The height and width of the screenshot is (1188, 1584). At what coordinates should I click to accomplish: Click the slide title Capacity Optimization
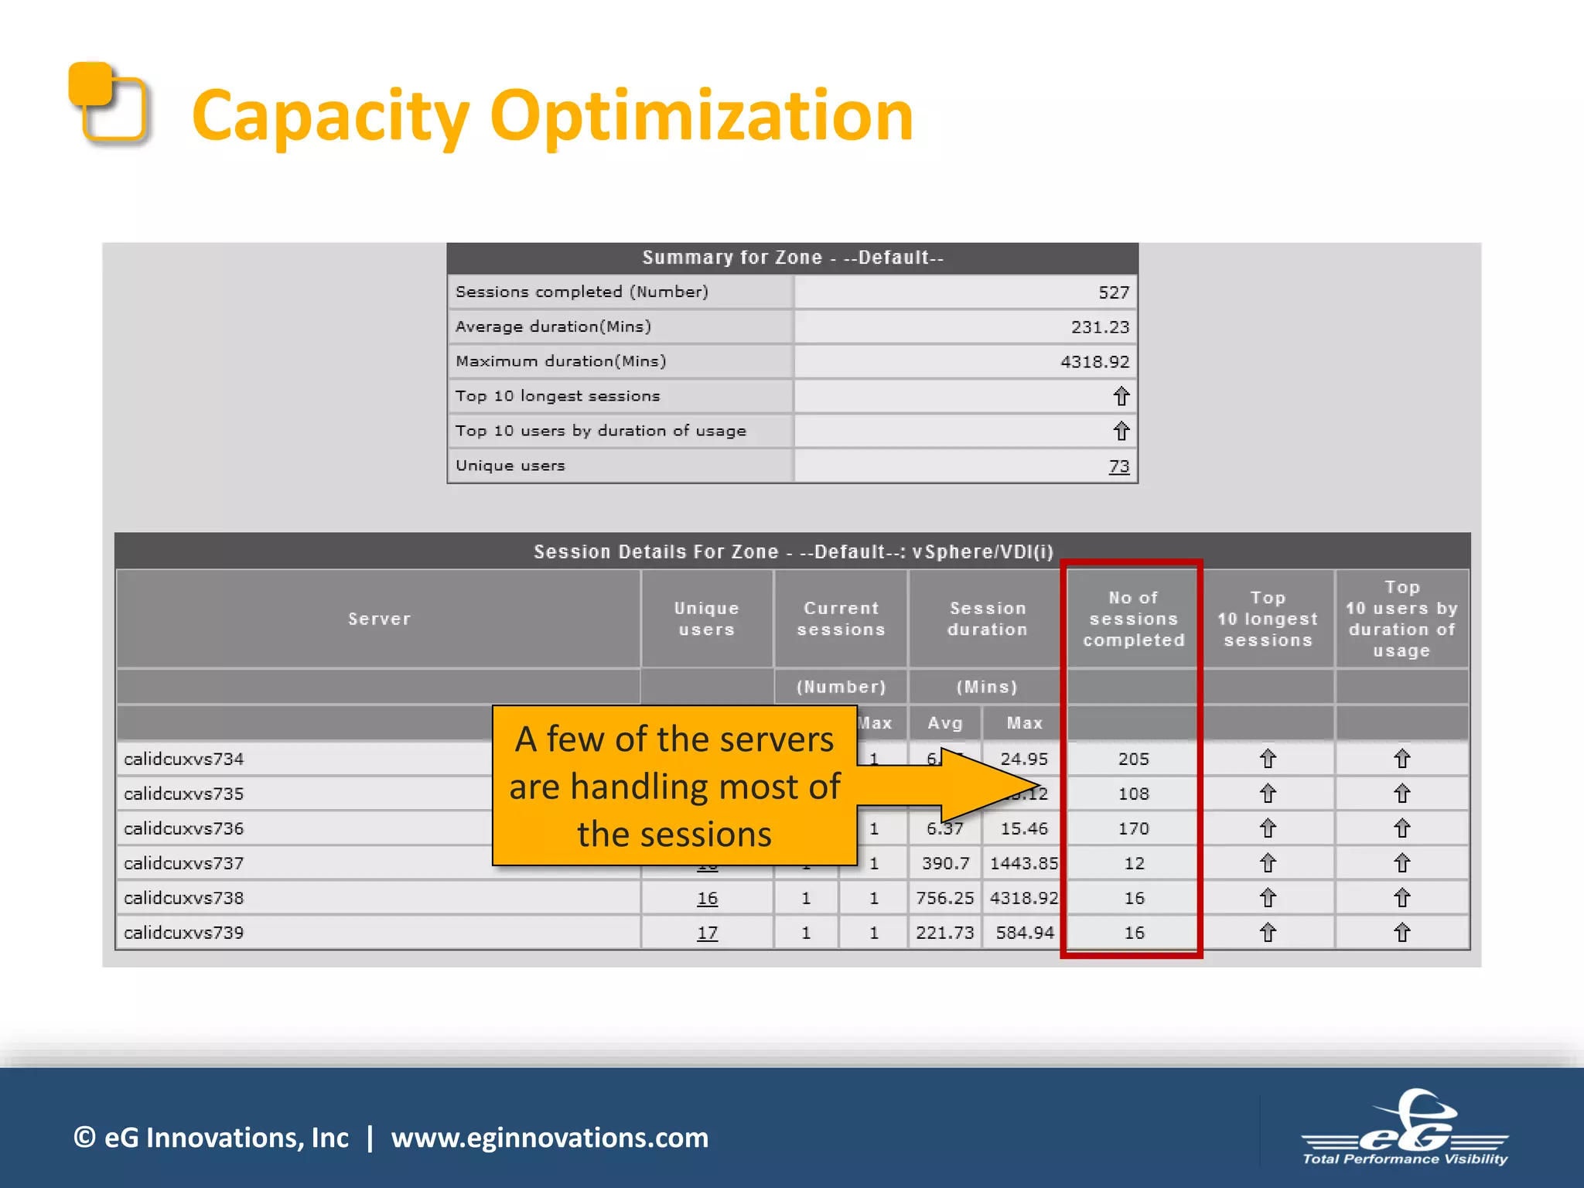[x=552, y=116]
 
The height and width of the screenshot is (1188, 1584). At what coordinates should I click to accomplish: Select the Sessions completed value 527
[x=1113, y=292]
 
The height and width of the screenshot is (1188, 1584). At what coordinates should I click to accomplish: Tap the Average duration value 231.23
[x=1099, y=327]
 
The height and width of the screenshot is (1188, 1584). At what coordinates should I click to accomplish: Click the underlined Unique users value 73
[x=1118, y=466]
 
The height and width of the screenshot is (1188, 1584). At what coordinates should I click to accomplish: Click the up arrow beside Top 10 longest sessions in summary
[x=1121, y=397]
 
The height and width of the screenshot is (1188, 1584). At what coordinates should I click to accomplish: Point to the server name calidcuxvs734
[x=184, y=760]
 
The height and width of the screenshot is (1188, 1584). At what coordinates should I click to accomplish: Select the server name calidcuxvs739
[x=184, y=933]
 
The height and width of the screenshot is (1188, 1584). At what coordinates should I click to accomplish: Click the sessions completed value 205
[x=1133, y=760]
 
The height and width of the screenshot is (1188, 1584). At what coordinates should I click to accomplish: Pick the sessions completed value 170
[x=1133, y=829]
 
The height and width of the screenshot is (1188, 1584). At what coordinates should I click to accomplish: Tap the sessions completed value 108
[x=1133, y=794]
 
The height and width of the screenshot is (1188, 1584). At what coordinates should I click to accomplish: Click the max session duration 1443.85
[x=1024, y=863]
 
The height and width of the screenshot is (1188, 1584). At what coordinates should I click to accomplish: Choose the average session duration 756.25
[x=944, y=898]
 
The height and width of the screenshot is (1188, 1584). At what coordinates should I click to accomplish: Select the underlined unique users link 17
[x=707, y=934]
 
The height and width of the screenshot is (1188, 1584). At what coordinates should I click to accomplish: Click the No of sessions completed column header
[x=1133, y=619]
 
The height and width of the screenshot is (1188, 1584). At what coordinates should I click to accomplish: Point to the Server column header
[x=379, y=619]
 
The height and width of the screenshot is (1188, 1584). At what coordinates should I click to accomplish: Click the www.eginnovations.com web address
[x=549, y=1138]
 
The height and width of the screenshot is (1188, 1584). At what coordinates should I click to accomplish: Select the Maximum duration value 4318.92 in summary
[x=1094, y=362]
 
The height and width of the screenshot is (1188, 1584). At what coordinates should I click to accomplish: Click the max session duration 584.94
[x=1024, y=933]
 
